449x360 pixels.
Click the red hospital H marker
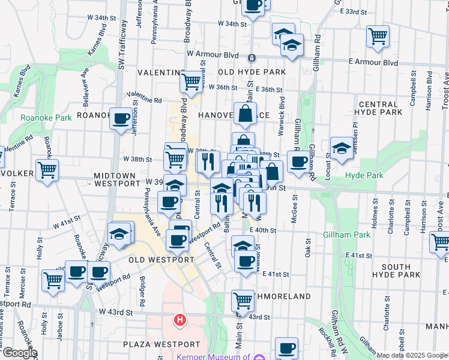179,320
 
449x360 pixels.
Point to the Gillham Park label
346,235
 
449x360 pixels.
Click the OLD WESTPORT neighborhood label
161,260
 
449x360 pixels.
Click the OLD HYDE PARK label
252,72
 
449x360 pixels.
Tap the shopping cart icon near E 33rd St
378,37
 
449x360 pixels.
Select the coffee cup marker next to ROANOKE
121,118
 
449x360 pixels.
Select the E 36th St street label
268,89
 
